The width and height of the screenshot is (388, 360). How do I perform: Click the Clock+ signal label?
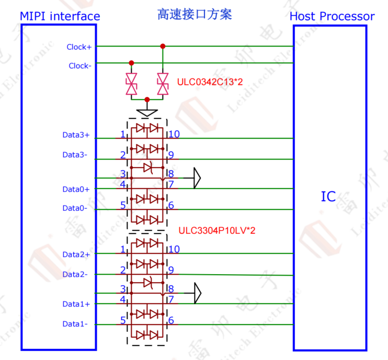(x=79, y=47)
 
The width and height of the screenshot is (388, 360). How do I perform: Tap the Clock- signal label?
(x=80, y=66)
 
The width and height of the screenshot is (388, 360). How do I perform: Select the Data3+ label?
(x=76, y=135)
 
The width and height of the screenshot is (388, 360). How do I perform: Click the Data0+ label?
(x=76, y=189)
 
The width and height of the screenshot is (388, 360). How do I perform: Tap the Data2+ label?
(x=76, y=254)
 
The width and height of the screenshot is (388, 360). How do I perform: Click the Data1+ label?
(x=76, y=304)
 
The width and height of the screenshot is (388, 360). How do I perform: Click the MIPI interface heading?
(x=60, y=17)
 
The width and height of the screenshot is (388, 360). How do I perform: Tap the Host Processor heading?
(x=332, y=17)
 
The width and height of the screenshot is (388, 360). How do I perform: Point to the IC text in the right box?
(x=328, y=197)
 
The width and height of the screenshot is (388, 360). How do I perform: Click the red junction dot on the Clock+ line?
(x=163, y=47)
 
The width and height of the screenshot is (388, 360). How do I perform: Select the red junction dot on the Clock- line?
(x=131, y=63)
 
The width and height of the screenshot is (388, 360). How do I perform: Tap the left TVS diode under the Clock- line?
(x=131, y=84)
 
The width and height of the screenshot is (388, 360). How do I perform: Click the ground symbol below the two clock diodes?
(x=147, y=111)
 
